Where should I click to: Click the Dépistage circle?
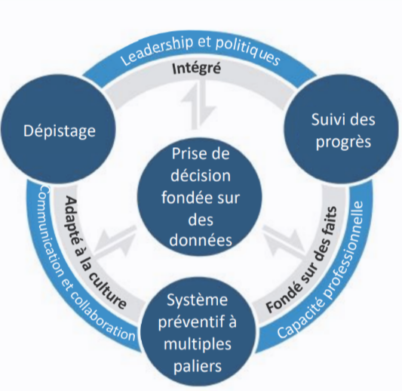59,129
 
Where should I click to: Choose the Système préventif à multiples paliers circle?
198,331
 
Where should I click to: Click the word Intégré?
196,69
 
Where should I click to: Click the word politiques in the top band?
247,52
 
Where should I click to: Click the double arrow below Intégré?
198,106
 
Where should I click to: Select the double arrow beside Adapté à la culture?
115,242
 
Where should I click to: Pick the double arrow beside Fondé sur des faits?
284,242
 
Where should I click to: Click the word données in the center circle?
201,240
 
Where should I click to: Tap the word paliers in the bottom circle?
198,365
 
